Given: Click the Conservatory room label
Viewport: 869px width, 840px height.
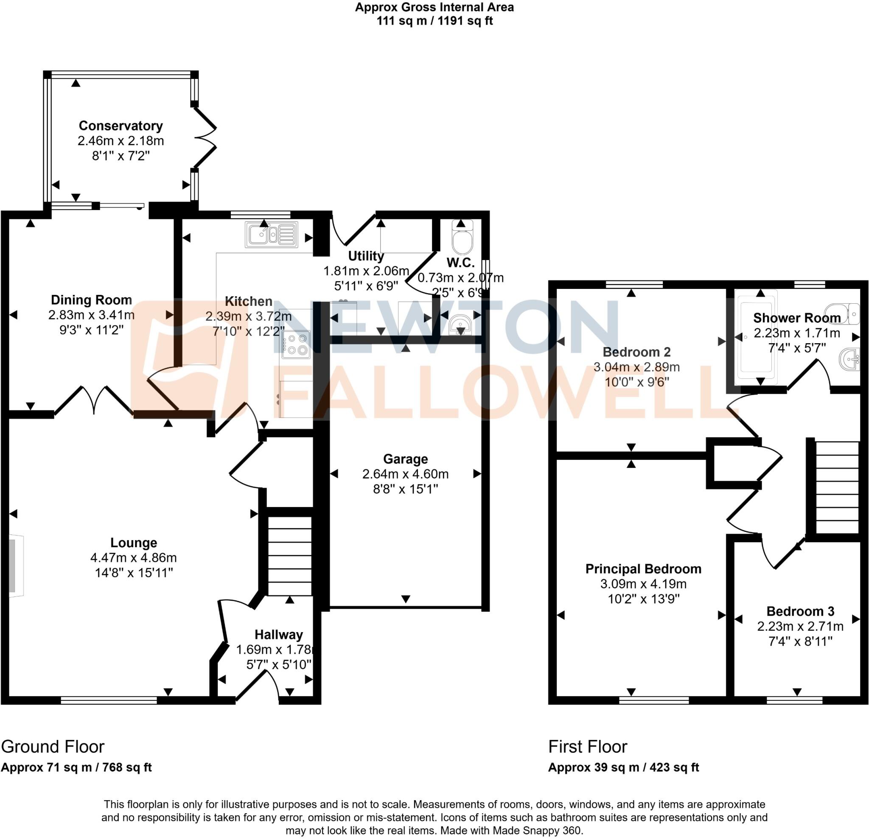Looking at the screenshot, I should pyautogui.click(x=121, y=126).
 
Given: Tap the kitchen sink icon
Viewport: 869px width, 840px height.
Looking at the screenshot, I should pyautogui.click(x=271, y=234).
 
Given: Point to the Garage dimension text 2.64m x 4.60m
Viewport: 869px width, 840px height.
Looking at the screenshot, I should pyautogui.click(x=405, y=474).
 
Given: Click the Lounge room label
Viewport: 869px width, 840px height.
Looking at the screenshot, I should pyautogui.click(x=134, y=543).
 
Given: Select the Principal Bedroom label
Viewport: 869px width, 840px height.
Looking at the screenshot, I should pyautogui.click(x=643, y=569).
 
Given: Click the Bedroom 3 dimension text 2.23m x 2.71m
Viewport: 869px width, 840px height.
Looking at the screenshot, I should pyautogui.click(x=800, y=626).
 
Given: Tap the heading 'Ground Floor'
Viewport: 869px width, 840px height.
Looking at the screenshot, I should pyautogui.click(x=53, y=747).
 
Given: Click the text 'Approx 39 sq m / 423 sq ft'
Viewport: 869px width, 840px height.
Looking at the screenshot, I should pyautogui.click(x=623, y=767).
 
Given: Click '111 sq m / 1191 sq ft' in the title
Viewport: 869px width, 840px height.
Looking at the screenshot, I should pyautogui.click(x=434, y=21).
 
